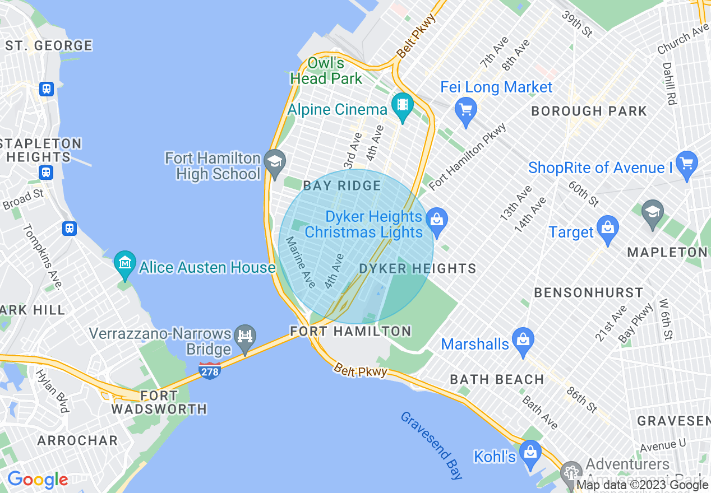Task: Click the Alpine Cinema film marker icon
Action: pos(402,104)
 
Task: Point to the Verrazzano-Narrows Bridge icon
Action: pos(245,336)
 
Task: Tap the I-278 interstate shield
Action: pos(209,370)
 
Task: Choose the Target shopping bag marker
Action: pos(607,227)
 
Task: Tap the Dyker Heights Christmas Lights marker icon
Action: pos(437,220)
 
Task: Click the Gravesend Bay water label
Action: pos(432,445)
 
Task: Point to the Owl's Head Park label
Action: pos(326,71)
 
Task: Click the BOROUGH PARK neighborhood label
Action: pos(589,111)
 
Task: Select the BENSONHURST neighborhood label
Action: pos(589,292)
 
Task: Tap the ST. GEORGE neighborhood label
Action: pos(49,45)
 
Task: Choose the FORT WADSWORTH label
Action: pos(159,402)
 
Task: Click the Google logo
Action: pos(38,480)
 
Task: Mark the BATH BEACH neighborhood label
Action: pos(497,379)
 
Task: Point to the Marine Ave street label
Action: pos(301,258)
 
